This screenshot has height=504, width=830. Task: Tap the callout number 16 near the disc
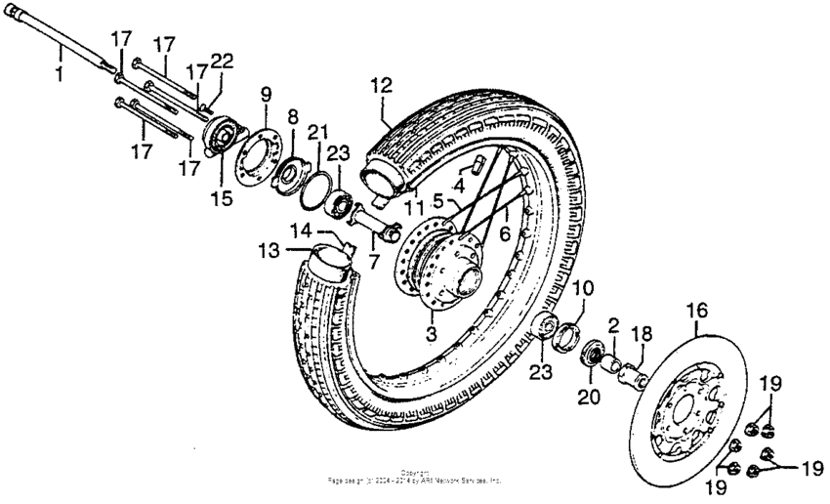coord(696,312)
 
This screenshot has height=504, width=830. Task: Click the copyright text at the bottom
coord(415,479)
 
